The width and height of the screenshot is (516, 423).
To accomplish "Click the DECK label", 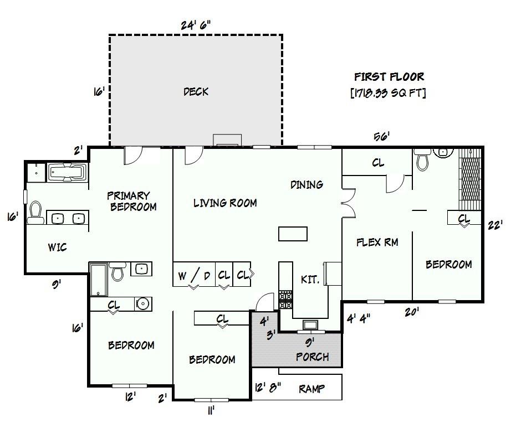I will coord(196,92).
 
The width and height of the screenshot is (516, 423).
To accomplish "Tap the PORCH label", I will coord(312,357).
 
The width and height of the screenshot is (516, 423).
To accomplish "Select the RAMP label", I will coord(311,389).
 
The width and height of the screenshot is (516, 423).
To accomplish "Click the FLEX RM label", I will coord(377,242).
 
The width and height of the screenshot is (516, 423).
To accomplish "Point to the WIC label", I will coord(57,247).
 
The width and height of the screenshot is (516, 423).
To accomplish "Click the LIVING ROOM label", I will coord(225,203).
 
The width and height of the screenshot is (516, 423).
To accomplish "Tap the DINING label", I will coord(306,184).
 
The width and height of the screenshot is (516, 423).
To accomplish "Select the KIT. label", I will coord(310,280).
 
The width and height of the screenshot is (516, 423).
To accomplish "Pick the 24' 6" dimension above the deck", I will coord(196,25).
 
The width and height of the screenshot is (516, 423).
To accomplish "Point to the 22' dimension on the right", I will coord(495,225).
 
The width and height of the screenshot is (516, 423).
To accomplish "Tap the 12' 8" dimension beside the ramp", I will coord(267,388).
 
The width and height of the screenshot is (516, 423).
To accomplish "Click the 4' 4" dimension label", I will coord(358,318).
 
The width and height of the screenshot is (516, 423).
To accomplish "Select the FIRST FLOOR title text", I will coord(389,77).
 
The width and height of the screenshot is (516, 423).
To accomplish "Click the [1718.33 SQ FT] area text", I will coord(389,93).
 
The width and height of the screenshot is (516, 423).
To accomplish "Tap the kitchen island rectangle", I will coord(293,234).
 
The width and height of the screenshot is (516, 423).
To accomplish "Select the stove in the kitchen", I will coord(285,300).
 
